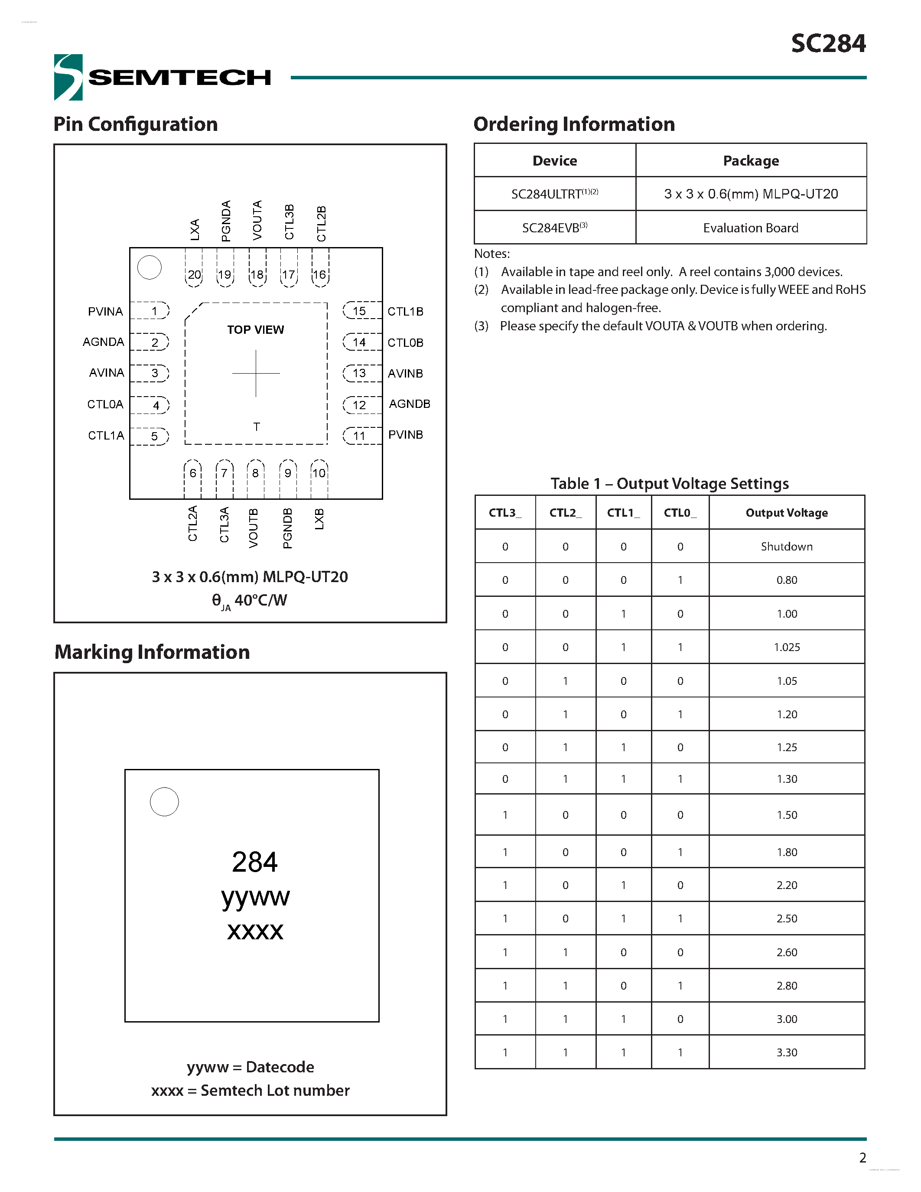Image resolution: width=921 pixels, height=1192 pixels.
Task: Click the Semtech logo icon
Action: (x=68, y=77)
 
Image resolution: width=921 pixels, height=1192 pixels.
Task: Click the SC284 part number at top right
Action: (x=828, y=44)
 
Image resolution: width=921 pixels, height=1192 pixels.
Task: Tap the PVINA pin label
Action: (x=105, y=311)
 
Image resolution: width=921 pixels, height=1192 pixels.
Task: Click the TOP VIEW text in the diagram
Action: (x=255, y=330)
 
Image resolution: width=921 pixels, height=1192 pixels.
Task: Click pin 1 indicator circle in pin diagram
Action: (x=150, y=267)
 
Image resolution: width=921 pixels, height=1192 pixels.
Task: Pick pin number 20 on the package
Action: (x=194, y=274)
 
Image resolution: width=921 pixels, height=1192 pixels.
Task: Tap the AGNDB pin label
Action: (x=409, y=404)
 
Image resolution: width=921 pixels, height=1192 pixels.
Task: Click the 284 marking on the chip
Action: (x=255, y=862)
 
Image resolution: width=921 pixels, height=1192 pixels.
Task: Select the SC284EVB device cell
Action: (x=554, y=228)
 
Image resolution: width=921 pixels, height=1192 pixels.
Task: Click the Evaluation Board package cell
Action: (x=750, y=228)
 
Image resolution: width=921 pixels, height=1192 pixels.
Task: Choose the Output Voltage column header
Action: (x=786, y=512)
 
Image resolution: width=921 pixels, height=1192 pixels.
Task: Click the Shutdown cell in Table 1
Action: (x=786, y=546)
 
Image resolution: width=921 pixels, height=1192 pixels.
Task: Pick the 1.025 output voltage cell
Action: (x=786, y=647)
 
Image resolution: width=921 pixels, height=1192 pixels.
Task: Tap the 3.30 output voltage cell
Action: (x=786, y=1052)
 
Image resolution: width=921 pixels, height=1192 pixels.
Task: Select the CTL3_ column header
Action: (x=504, y=512)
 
